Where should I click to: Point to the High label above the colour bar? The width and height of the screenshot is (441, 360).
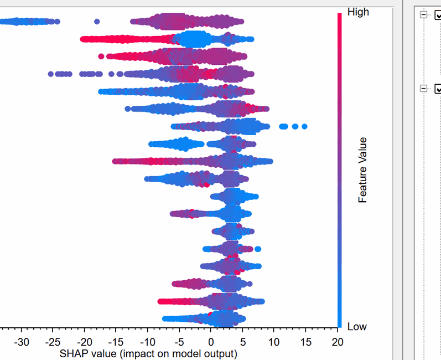tap(358, 12)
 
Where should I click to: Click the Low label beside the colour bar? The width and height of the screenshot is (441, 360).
tap(357, 327)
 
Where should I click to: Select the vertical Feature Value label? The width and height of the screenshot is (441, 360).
tap(363, 170)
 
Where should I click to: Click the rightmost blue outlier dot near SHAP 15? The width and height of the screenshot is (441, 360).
tap(304, 127)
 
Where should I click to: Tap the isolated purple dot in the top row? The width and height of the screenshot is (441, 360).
tap(97, 22)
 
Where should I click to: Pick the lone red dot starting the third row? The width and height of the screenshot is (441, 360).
tap(101, 56)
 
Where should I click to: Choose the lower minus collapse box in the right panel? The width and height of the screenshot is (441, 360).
tap(424, 88)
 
